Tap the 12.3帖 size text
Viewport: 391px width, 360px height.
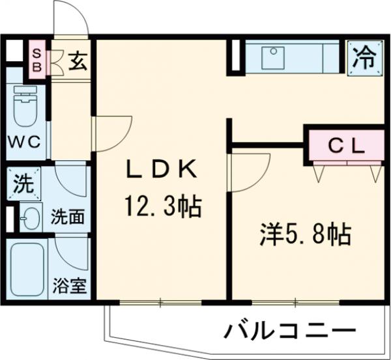tap(162, 208)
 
